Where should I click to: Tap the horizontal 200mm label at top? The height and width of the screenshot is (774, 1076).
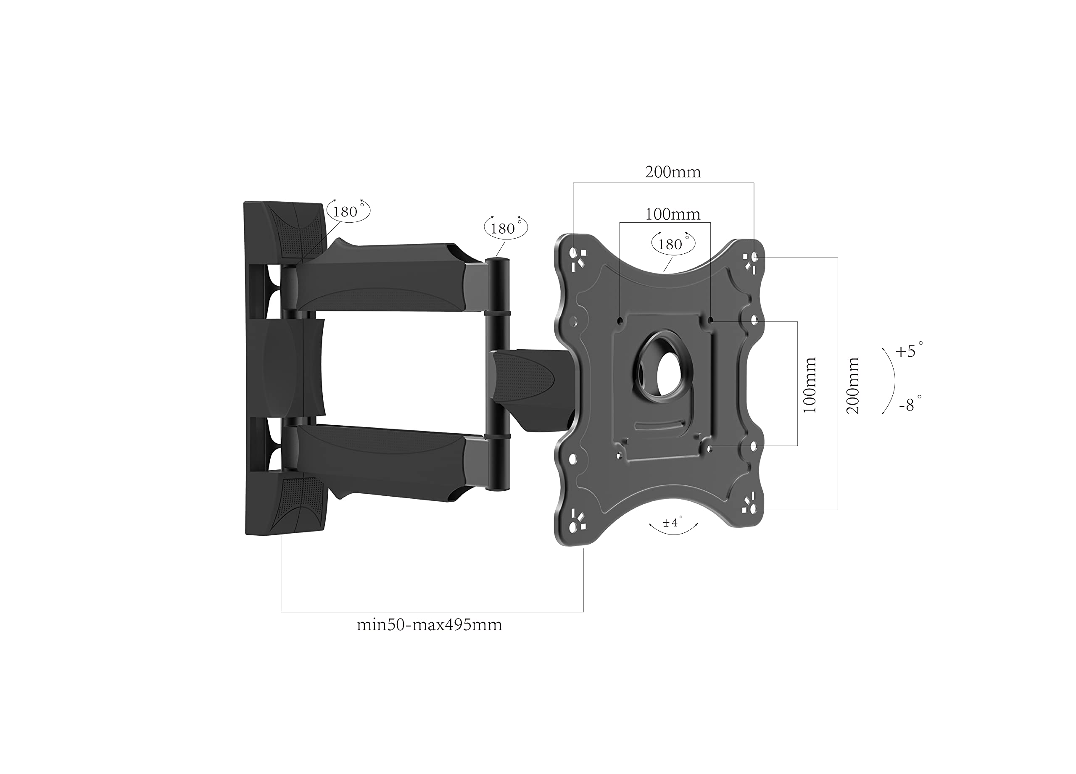click(673, 172)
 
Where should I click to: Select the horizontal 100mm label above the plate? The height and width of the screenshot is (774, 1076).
click(673, 214)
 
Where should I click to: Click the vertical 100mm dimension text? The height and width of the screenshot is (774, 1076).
click(810, 384)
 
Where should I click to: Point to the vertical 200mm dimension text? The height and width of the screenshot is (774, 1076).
click(852, 386)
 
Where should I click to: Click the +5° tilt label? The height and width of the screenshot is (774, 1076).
click(909, 350)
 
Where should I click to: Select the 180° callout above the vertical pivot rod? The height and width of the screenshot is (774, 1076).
click(506, 228)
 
